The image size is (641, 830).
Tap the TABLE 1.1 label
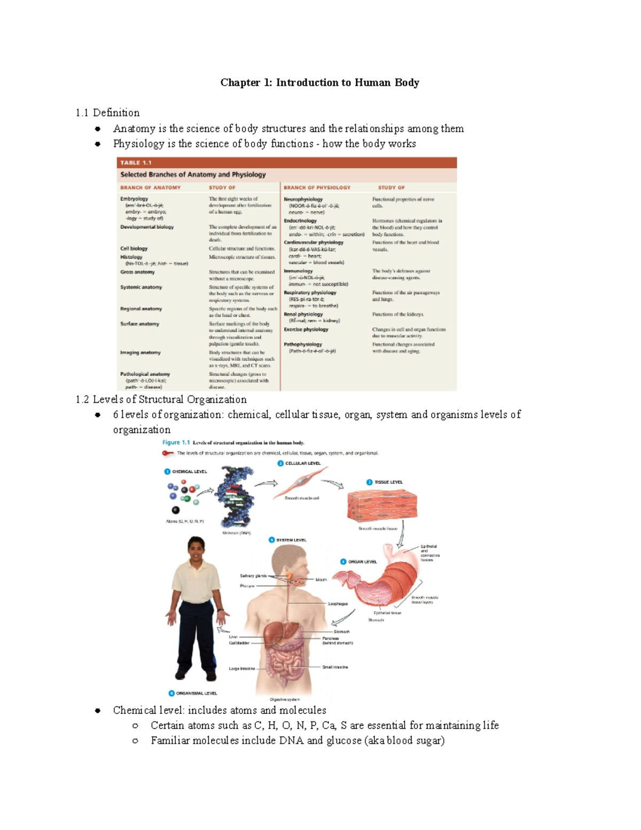(x=136, y=162)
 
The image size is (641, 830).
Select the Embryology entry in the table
(x=134, y=199)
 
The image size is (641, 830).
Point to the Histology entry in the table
(x=131, y=257)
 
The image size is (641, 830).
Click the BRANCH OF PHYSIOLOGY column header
(x=317, y=188)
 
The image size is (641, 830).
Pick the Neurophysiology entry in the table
(x=303, y=199)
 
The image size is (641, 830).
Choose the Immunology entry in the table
(x=298, y=271)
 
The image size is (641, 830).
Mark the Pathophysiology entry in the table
(x=303, y=344)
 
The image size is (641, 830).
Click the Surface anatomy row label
(x=139, y=324)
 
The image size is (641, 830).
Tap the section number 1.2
(x=82, y=400)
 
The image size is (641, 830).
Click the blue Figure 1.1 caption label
(x=176, y=443)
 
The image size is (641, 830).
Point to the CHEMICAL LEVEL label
(x=189, y=471)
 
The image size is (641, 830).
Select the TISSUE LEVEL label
(x=388, y=482)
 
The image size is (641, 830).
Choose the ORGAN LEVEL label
(x=363, y=562)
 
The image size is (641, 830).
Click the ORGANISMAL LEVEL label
(x=196, y=693)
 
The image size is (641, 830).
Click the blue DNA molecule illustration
(x=233, y=497)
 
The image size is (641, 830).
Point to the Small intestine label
(x=335, y=667)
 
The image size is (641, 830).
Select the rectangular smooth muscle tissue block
(x=381, y=506)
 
